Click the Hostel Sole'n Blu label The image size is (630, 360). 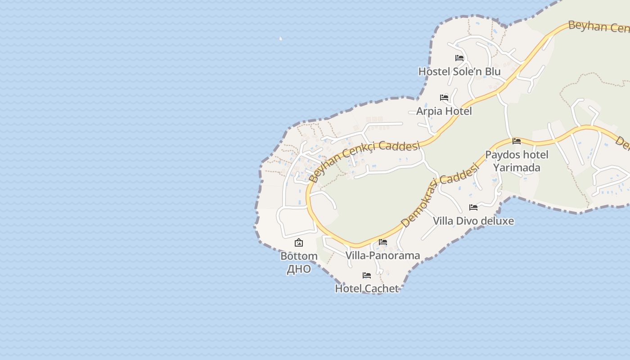(459, 72)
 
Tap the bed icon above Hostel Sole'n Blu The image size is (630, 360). (459, 58)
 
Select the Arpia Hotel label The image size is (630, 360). (444, 111)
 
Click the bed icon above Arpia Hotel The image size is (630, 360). (444, 98)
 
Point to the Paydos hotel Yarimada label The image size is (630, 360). (517, 161)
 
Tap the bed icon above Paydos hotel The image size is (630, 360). (517, 141)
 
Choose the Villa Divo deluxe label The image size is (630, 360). (473, 221)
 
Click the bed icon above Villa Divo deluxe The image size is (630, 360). (473, 207)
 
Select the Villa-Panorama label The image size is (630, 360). (382, 256)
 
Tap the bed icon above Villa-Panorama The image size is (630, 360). (383, 242)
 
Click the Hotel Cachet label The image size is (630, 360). (367, 288)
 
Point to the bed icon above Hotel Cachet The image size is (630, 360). (367, 275)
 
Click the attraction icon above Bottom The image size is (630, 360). (299, 243)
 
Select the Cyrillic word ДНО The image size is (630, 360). (299, 269)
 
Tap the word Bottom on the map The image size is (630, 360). (299, 256)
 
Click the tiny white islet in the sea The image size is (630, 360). (281, 39)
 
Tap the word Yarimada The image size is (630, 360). (517, 168)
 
